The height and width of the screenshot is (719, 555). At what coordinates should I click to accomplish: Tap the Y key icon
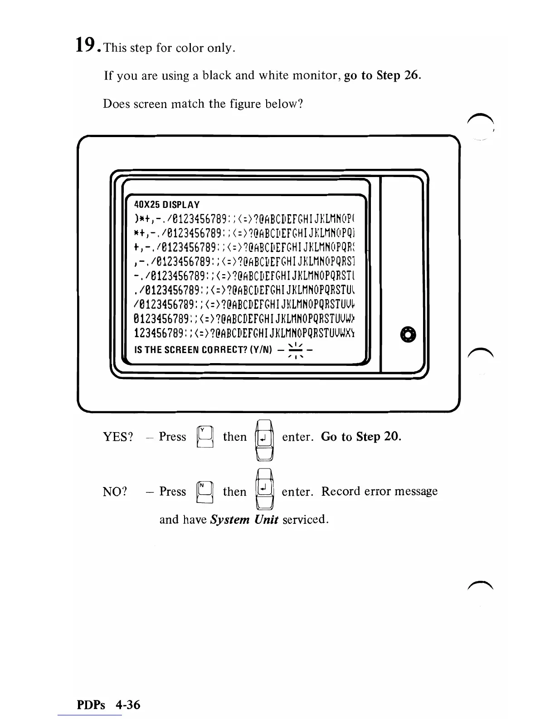204,437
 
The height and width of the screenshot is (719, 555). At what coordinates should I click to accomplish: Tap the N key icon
204,492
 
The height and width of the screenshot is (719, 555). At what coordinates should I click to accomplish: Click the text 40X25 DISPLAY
167,205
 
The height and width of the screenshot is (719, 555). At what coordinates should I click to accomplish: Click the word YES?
118,437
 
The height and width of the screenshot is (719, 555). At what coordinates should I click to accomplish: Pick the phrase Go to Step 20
361,437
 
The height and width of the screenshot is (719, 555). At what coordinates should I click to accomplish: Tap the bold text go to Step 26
383,75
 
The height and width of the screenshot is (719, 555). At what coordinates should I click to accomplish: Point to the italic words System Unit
244,519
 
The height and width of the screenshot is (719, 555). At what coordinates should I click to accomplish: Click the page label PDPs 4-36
108,704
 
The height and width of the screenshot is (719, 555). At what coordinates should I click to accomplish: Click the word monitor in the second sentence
315,75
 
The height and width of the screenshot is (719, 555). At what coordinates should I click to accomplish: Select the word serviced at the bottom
305,519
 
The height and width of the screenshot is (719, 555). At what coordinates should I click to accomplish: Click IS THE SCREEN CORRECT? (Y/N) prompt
203,350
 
